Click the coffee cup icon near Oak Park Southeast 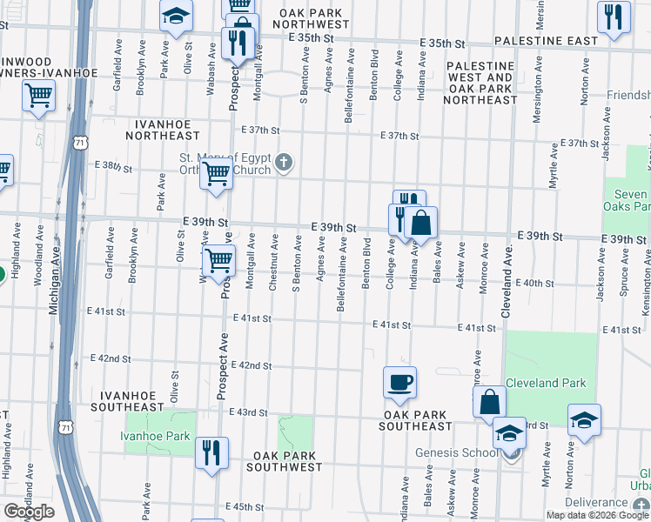pos(399,383)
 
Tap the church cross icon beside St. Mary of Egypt pos(284,162)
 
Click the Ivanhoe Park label pos(157,436)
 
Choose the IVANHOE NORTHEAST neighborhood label pos(163,130)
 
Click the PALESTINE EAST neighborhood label pos(546,41)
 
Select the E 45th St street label pos(244,506)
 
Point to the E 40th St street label pos(534,284)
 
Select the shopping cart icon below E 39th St pos(218,258)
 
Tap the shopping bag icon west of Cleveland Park pos(489,401)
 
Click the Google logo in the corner pos(30,512)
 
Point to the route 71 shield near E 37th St pos(80,142)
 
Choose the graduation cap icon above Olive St pos(176,16)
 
